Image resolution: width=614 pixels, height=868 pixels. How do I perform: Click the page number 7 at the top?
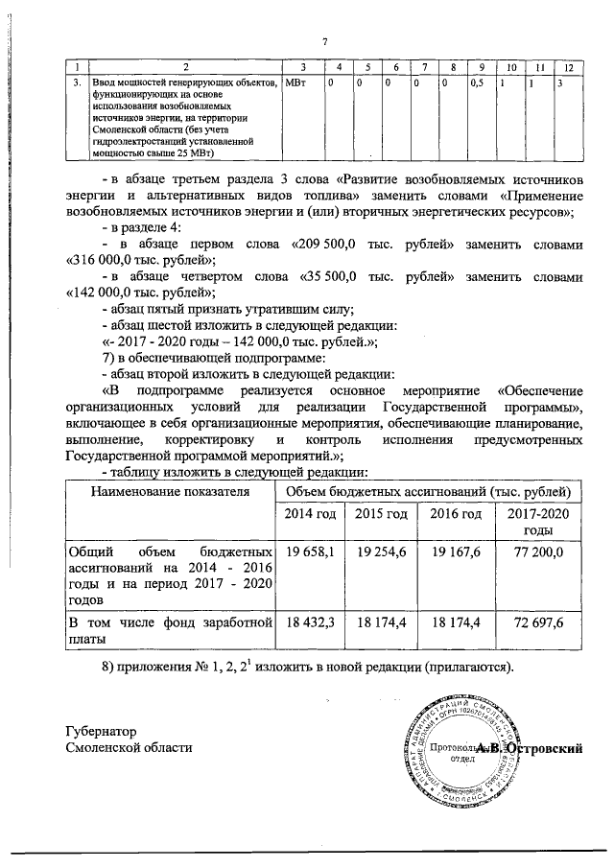325,41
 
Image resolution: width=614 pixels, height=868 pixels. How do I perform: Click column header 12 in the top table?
569,66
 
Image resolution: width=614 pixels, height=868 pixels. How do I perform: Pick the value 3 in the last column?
560,84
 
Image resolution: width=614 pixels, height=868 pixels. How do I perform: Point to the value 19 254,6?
384,552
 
